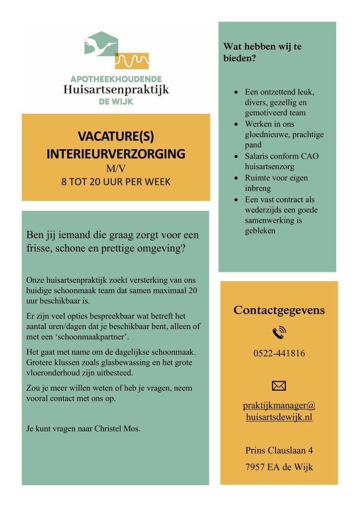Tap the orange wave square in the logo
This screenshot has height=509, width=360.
tap(132, 60)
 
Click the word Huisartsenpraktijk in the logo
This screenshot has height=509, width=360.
tap(116, 90)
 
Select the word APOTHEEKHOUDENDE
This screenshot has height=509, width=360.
tap(116, 79)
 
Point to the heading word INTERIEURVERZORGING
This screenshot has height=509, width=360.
tap(115, 154)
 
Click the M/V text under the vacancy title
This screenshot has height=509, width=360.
tap(115, 169)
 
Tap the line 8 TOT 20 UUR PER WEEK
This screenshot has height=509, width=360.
tap(115, 182)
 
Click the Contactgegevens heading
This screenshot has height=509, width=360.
tap(279, 311)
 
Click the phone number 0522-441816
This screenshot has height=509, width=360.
tap(279, 354)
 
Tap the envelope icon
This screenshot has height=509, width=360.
tap(279, 385)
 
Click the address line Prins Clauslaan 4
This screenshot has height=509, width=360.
tap(279, 451)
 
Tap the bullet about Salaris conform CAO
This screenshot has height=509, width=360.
tap(282, 162)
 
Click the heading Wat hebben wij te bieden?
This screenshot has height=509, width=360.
tap(263, 52)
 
